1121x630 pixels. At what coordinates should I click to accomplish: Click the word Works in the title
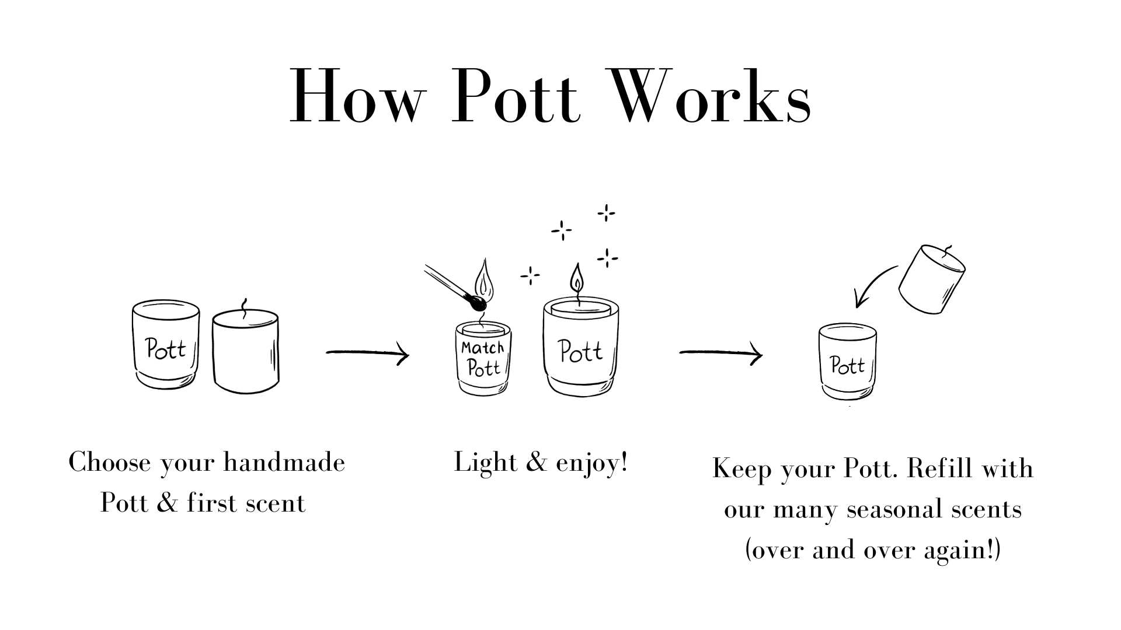point(709,96)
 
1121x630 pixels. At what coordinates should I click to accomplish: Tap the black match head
point(478,303)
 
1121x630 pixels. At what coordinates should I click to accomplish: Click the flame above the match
point(484,279)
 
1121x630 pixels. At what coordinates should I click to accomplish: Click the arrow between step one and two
point(367,352)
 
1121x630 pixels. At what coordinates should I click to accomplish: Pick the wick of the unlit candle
point(244,308)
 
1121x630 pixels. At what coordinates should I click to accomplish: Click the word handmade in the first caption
point(284,463)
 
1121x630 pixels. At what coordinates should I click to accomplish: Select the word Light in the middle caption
point(477,463)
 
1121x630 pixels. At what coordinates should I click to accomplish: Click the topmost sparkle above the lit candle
point(606,213)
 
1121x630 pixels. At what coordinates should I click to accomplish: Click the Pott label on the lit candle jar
point(580,352)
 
